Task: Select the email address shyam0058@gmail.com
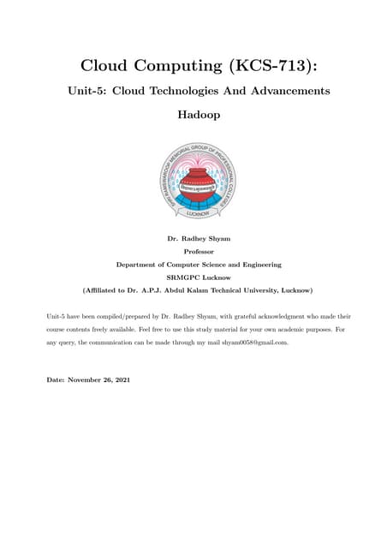(x=254, y=342)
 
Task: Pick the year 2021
(x=122, y=379)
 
